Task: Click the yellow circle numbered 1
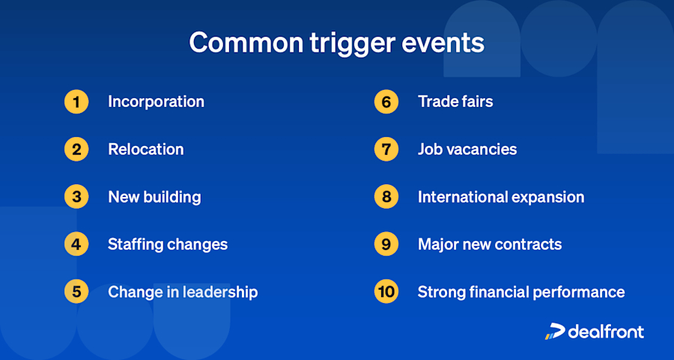point(76,102)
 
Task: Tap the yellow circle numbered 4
point(76,245)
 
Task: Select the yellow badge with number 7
point(386,149)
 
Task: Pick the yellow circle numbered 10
point(386,292)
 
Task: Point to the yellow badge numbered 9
point(386,245)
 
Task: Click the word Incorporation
point(156,102)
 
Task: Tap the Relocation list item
point(145,149)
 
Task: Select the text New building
point(154,197)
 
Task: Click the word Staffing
point(137,245)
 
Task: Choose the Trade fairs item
point(455,102)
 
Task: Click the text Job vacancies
point(467,149)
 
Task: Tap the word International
point(458,197)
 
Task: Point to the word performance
point(581,292)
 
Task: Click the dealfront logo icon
point(555,331)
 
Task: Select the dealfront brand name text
point(605,331)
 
